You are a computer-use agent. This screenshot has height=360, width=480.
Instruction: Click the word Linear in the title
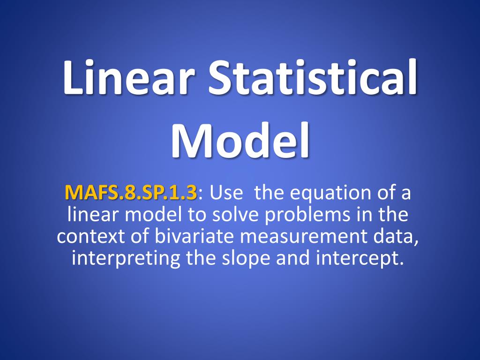pyautogui.click(x=128, y=77)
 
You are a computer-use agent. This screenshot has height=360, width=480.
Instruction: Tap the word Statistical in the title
pyautogui.click(x=313, y=77)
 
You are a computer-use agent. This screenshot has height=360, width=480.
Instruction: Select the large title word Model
pyautogui.click(x=240, y=141)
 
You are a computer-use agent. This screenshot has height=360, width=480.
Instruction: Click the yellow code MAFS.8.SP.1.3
pyautogui.click(x=131, y=193)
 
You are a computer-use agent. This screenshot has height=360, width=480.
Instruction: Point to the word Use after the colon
pyautogui.click(x=226, y=193)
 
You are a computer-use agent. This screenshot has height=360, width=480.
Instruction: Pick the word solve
pyautogui.click(x=235, y=214)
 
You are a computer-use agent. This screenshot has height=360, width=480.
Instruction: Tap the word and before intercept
pyautogui.click(x=293, y=258)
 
